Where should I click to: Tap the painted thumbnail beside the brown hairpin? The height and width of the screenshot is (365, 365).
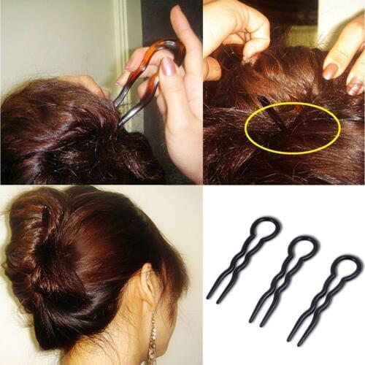click(168, 66)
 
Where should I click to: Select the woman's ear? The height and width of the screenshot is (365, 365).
click(150, 288)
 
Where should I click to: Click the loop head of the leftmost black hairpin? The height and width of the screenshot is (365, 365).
click(264, 228)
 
